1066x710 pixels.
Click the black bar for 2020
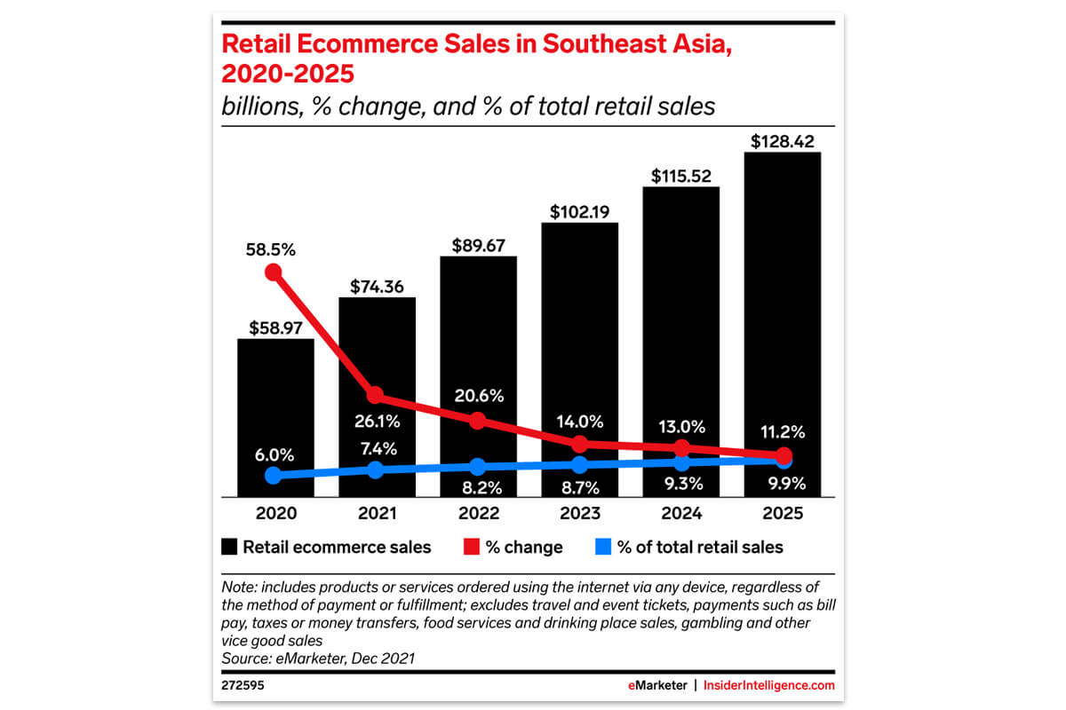(275, 417)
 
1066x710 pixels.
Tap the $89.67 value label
(478, 244)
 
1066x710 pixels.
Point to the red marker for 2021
(375, 394)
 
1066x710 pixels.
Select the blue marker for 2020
(274, 476)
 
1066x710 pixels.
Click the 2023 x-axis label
(579, 514)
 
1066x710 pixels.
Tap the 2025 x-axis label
(782, 514)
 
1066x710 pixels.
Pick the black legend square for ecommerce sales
(228, 547)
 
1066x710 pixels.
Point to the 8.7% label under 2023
(579, 486)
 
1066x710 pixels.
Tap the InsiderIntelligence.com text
(770, 686)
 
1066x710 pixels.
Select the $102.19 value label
(579, 211)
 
